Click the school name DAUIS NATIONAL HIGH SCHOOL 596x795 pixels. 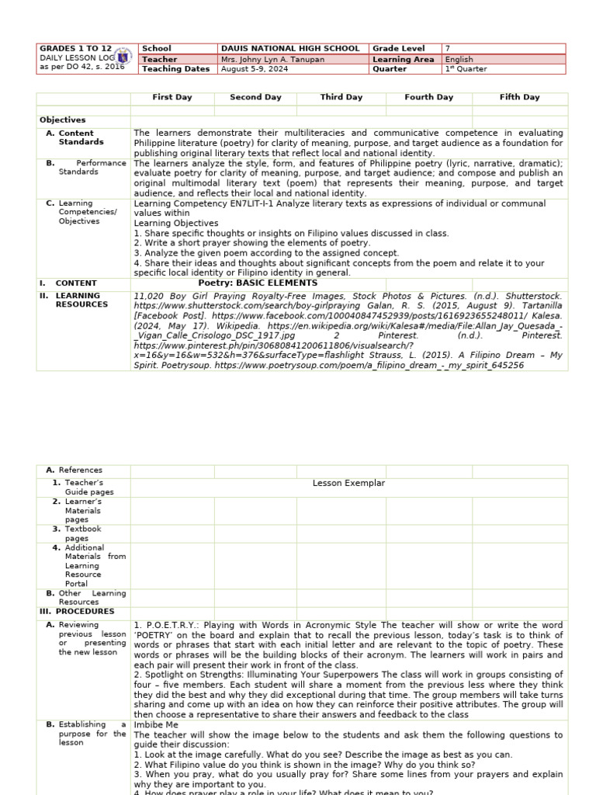pos(289,48)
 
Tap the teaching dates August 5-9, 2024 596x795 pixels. pos(255,69)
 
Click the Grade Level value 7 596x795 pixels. pos(447,48)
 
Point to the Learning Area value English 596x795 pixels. pos(459,59)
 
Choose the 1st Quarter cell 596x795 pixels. pos(466,69)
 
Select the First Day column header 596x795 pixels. pos(172,97)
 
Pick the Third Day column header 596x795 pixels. pos(341,97)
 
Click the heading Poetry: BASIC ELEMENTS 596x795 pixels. pos(258,283)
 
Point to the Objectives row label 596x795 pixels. pos(63,120)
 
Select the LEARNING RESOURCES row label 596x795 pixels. pos(78,300)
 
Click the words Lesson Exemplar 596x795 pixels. pos(348,483)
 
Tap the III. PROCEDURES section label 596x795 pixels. pos(76,611)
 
